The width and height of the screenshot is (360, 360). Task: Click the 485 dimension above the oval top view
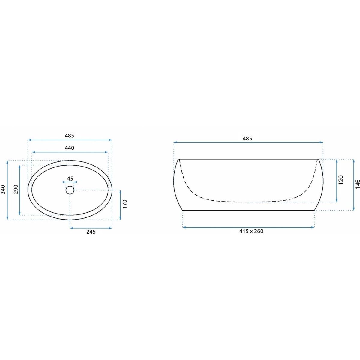coord(70,136)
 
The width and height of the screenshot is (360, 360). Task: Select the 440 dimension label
coord(70,148)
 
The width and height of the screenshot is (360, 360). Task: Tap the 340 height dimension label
coord(3,189)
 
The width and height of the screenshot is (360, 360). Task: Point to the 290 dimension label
coord(16,189)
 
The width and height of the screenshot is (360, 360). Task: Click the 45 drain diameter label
coord(70,178)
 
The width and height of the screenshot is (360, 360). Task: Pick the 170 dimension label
coord(125,204)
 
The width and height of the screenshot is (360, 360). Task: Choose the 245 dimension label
coord(91,232)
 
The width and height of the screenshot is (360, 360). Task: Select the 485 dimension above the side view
coord(247,138)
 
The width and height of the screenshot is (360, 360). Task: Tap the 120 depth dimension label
coord(341,180)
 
